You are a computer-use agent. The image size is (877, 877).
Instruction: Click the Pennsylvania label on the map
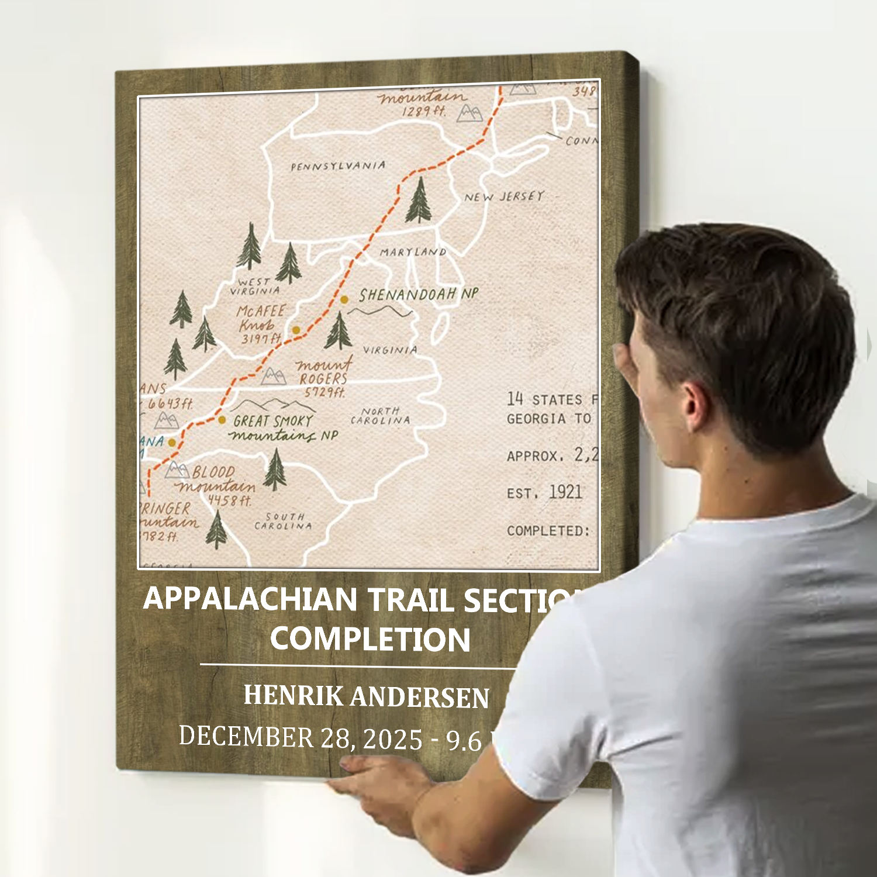[338, 166]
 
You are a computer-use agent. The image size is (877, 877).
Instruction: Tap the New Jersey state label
[504, 196]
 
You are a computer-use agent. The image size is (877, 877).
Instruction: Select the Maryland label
[413, 252]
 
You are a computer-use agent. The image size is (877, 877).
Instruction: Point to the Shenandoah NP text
[419, 294]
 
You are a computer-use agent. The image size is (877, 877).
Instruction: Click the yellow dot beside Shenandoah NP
[344, 299]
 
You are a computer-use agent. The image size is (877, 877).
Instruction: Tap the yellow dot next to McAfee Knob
[296, 330]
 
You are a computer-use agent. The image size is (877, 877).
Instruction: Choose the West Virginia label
[255, 286]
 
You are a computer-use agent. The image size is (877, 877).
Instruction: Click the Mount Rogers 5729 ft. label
[323, 378]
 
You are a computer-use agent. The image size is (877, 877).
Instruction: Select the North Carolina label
[381, 416]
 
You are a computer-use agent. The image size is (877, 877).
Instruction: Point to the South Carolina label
[284, 521]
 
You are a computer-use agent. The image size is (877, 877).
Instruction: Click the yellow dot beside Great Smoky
[222, 420]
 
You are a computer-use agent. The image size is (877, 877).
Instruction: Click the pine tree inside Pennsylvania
[419, 201]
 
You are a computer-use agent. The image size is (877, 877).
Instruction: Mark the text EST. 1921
[544, 492]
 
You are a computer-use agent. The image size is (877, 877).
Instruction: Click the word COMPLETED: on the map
[548, 531]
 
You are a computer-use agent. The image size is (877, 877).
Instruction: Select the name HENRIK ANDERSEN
[366, 696]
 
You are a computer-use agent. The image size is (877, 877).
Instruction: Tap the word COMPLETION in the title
[370, 638]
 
